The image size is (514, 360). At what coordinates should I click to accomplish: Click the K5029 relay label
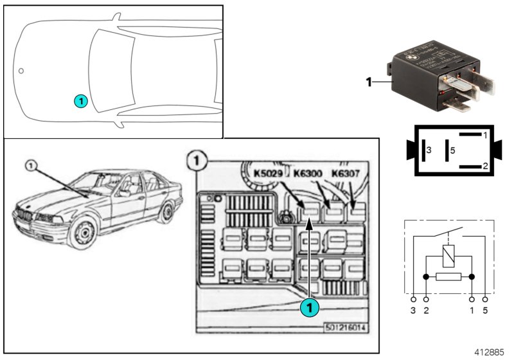coord(268,173)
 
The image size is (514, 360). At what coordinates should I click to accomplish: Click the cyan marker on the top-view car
coord(80,101)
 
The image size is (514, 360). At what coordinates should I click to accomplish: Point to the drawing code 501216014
coord(346,327)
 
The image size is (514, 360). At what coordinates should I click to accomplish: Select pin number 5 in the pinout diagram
coord(453,150)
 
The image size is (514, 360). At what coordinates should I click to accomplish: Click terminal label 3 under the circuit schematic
coord(413,311)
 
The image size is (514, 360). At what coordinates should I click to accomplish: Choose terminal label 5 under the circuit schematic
coord(485,311)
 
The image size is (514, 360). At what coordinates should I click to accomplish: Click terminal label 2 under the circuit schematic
coord(425,311)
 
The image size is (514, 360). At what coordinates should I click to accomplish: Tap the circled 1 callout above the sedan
coord(30,165)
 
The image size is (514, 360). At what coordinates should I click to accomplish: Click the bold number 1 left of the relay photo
coord(368,82)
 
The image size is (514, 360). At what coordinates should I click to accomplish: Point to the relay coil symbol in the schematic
coord(448,256)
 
